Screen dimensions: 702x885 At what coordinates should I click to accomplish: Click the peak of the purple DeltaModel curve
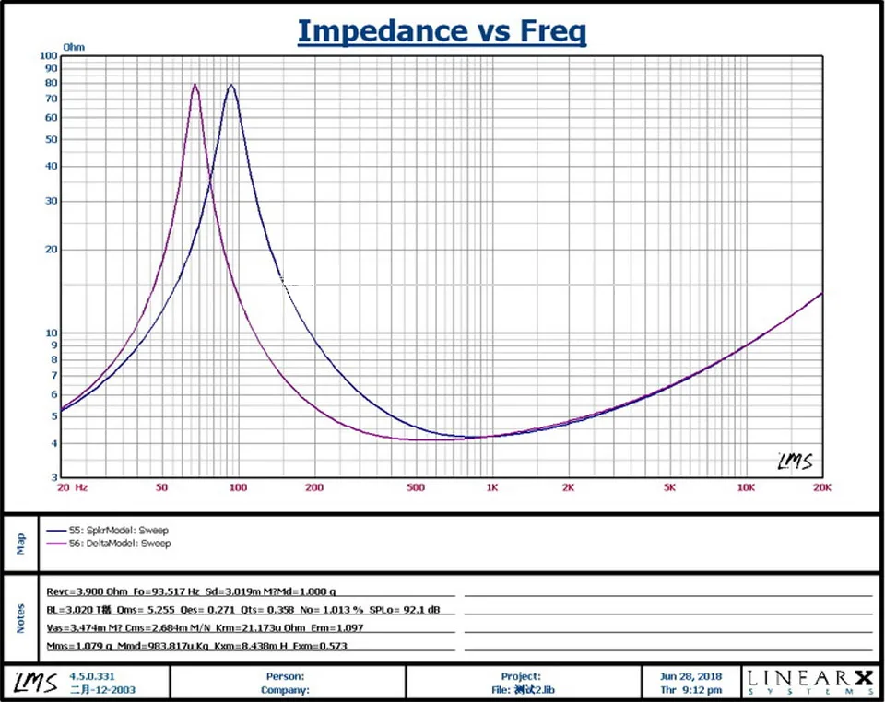(195, 85)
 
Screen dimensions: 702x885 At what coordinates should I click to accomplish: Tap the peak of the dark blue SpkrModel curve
(230, 85)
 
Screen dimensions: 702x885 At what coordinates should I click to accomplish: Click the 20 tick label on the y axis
(52, 250)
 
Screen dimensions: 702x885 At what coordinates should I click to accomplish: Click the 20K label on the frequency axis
(820, 487)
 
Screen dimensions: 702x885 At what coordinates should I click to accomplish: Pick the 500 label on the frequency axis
(415, 487)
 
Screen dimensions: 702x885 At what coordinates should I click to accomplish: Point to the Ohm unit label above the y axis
(74, 45)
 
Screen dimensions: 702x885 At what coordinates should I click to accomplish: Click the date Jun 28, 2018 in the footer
(690, 676)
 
